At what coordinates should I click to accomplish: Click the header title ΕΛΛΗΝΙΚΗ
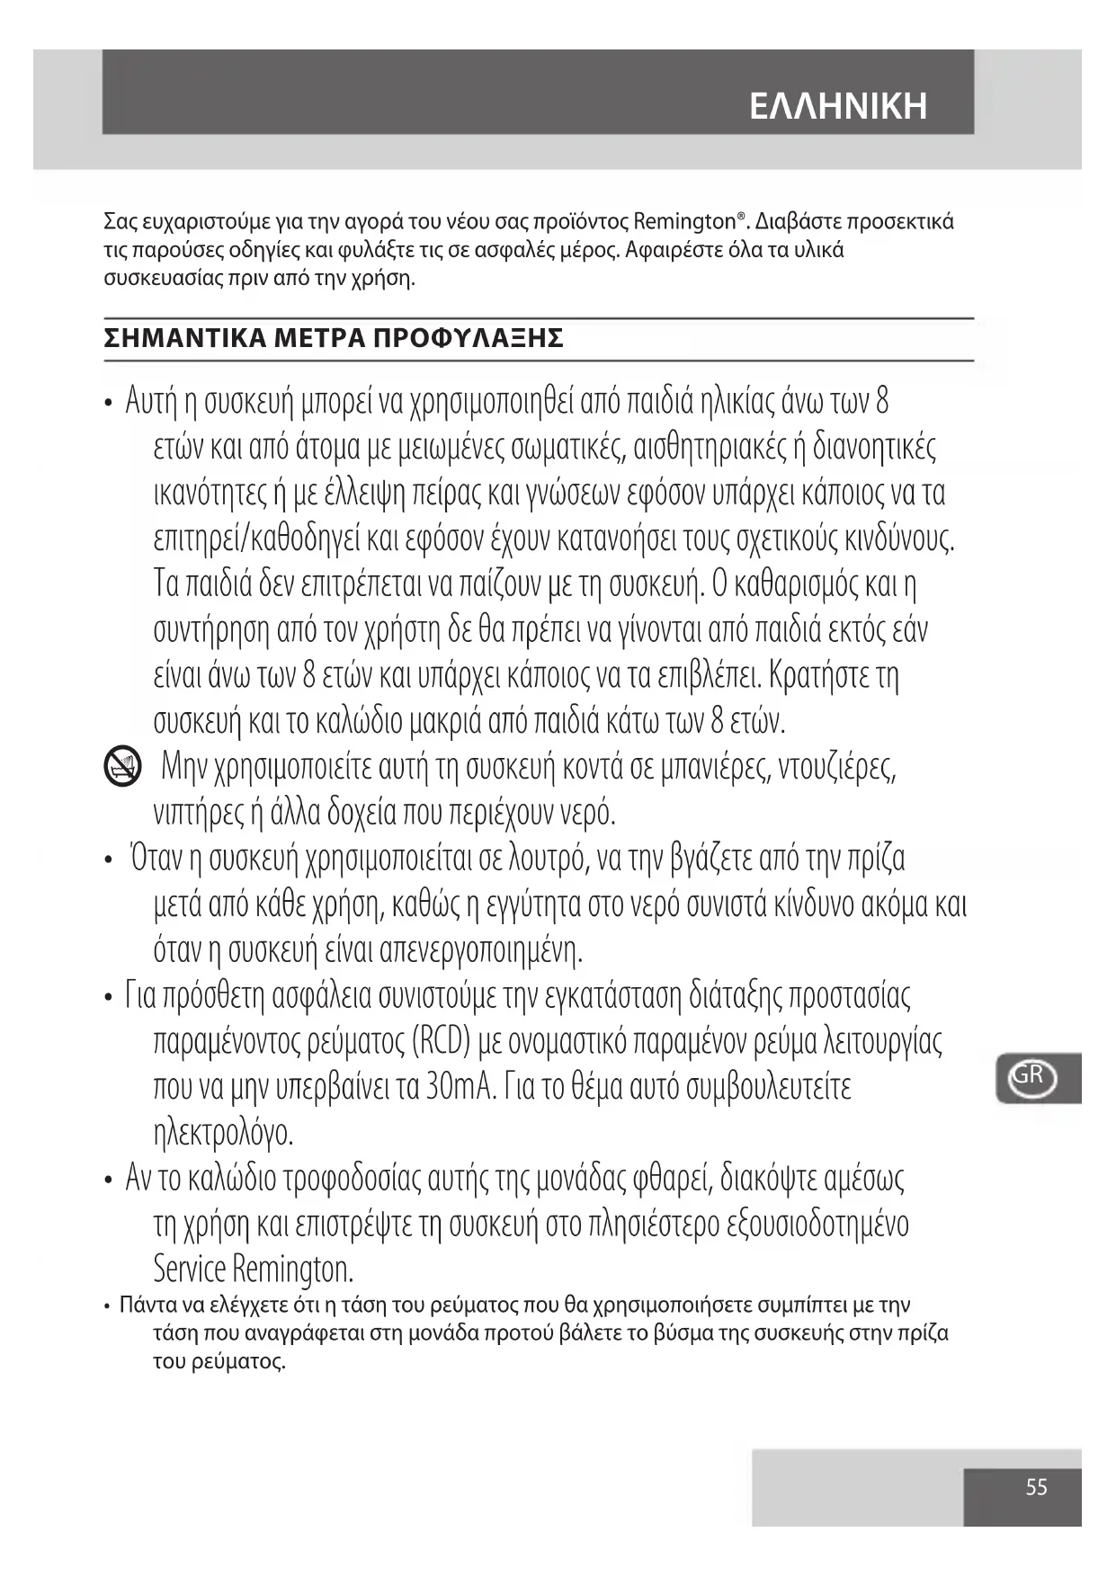(x=837, y=106)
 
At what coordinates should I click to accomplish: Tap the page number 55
(x=1036, y=1487)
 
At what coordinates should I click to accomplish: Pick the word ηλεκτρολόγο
(x=224, y=1134)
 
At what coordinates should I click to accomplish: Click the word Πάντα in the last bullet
(x=145, y=1305)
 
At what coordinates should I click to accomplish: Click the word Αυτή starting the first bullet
(x=151, y=401)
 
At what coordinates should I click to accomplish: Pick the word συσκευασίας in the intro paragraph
(x=150, y=278)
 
